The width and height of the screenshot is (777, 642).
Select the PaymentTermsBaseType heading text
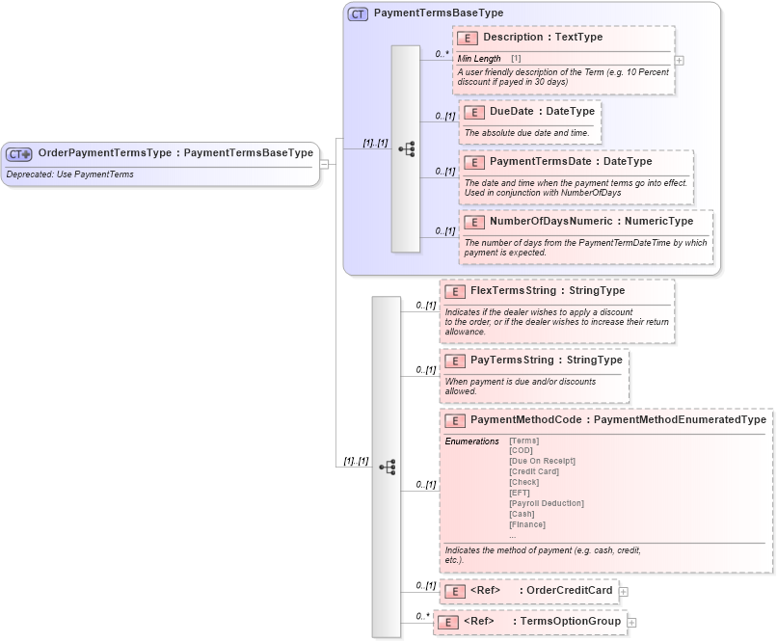pos(438,13)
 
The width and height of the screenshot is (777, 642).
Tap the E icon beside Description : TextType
pos(468,38)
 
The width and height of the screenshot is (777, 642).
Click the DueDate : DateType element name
pos(542,112)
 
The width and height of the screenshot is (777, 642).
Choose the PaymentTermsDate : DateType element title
pos(571,162)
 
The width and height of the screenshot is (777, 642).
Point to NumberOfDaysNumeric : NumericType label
pos(591,222)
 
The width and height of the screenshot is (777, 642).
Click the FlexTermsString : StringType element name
pos(548,290)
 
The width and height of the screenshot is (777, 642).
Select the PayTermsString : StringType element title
pos(546,361)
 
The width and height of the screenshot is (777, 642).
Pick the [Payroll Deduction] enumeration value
pos(546,503)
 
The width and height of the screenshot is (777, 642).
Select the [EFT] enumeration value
pos(520,493)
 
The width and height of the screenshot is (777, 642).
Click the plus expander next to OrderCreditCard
pos(624,592)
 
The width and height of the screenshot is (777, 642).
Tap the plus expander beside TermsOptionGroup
pos(632,623)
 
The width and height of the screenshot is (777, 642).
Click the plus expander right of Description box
pos(680,60)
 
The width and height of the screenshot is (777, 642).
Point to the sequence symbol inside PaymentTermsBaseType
pos(406,148)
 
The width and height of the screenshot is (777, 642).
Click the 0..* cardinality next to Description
pos(442,54)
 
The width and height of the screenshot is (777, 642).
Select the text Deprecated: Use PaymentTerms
pos(69,174)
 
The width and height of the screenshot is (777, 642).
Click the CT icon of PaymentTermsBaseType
pos(358,13)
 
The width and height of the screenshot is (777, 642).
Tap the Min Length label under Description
pos(479,59)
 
